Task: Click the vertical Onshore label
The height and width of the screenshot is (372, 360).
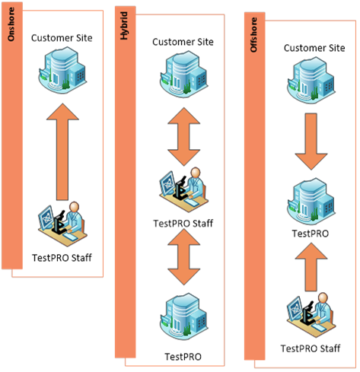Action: (11, 24)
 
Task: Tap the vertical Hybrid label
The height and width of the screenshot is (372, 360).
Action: (124, 26)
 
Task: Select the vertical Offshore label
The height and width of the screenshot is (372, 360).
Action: (253, 35)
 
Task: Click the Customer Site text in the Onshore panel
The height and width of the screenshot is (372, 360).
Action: (62, 38)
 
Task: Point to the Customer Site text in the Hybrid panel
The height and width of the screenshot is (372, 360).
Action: (183, 42)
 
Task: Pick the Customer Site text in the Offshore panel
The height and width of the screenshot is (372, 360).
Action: (314, 48)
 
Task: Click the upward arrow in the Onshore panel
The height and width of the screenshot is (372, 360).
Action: (62, 151)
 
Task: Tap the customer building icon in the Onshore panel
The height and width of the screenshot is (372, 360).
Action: (62, 70)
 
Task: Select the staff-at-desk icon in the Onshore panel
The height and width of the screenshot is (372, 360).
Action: (62, 224)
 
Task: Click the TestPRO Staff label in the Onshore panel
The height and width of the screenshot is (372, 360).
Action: (62, 258)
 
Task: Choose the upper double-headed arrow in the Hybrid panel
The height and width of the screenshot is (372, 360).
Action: (184, 137)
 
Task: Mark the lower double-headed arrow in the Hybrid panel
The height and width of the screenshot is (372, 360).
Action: (184, 257)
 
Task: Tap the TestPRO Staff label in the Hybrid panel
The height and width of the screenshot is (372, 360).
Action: (183, 224)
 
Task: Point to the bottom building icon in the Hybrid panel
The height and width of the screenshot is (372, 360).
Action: (184, 316)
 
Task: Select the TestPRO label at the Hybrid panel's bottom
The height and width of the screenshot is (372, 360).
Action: (183, 357)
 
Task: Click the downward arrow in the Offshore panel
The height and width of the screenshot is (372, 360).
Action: (311, 141)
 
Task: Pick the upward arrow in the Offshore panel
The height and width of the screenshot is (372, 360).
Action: (311, 267)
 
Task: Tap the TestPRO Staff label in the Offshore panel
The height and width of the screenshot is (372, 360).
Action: (311, 348)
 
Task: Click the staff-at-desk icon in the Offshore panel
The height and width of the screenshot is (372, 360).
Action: (311, 315)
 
